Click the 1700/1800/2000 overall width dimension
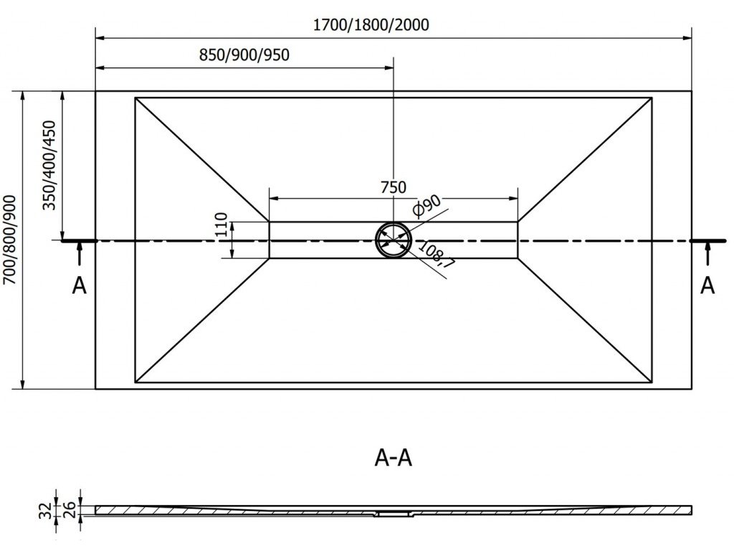[371, 26]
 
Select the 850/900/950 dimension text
[244, 56]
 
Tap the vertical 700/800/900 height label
[10, 240]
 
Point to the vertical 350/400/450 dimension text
[49, 166]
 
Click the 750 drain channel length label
[393, 187]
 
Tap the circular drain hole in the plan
[394, 240]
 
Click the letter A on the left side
[79, 286]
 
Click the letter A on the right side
[707, 285]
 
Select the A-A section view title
[393, 457]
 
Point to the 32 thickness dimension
[44, 511]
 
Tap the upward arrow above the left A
[80, 254]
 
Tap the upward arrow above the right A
[707, 254]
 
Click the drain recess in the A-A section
[394, 513]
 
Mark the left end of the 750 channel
[270, 240]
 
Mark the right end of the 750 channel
[518, 240]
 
